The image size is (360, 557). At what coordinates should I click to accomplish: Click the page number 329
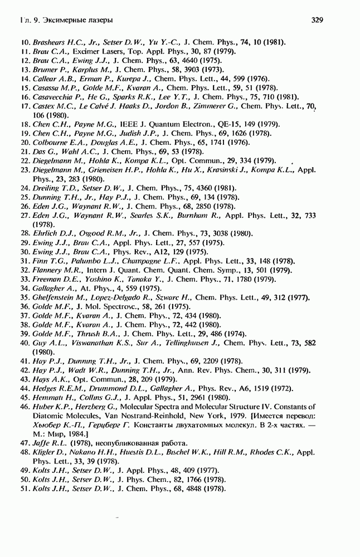pyautogui.click(x=317, y=21)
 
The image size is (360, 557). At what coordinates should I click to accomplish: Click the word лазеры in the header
pyautogui.click(x=100, y=21)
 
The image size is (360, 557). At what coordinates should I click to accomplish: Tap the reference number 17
pyautogui.click(x=24, y=105)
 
